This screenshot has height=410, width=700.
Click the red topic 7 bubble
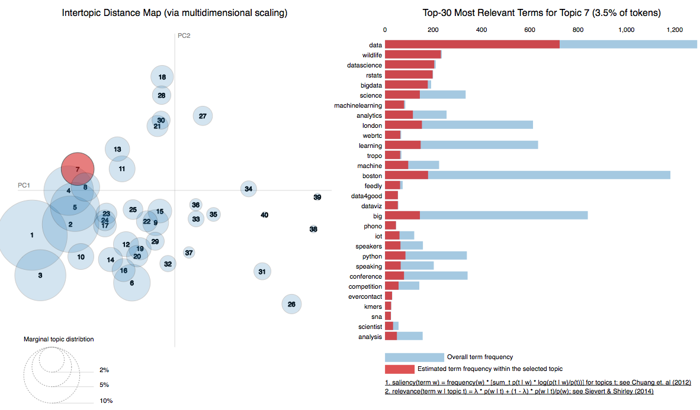tap(78, 169)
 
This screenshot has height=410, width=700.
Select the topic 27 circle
tap(203, 116)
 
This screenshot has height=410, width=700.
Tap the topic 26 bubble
tap(291, 304)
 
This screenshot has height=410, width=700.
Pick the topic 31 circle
tap(262, 272)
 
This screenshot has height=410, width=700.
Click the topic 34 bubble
tap(249, 189)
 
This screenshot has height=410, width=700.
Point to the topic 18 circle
tap(162, 77)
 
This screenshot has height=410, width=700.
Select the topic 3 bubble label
tap(40, 275)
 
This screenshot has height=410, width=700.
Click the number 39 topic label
tap(317, 197)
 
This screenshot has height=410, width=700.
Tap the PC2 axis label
tap(184, 35)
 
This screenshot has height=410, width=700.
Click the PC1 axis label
tap(24, 185)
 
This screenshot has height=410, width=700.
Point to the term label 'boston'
tap(372, 175)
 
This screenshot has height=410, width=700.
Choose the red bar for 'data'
tap(472, 44)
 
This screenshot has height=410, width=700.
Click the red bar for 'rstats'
tap(409, 75)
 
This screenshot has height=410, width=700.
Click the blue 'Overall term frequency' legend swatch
tap(414, 357)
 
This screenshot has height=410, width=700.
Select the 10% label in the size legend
tap(107, 401)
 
